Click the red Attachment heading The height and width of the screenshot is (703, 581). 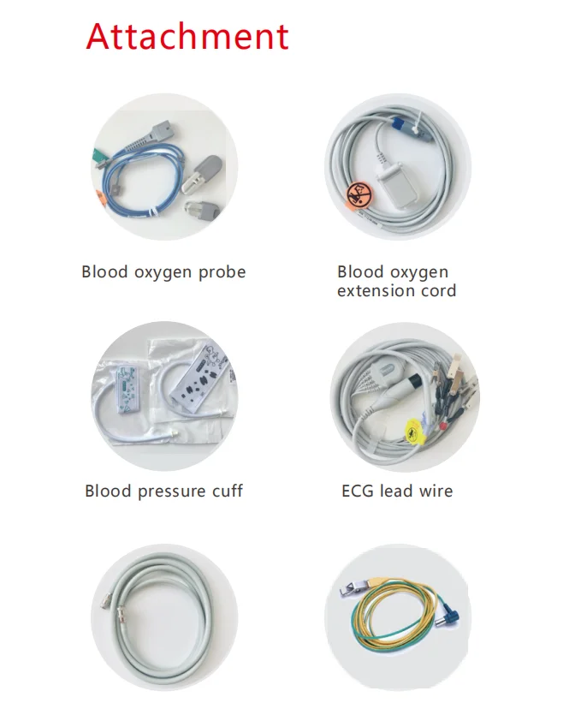click(x=187, y=38)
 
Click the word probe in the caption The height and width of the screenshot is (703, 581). click(x=221, y=272)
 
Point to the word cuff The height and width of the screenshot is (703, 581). click(x=223, y=492)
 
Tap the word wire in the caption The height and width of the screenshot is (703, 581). click(x=436, y=492)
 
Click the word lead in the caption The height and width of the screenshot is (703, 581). click(x=398, y=492)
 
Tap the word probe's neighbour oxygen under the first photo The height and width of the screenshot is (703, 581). click(x=163, y=272)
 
